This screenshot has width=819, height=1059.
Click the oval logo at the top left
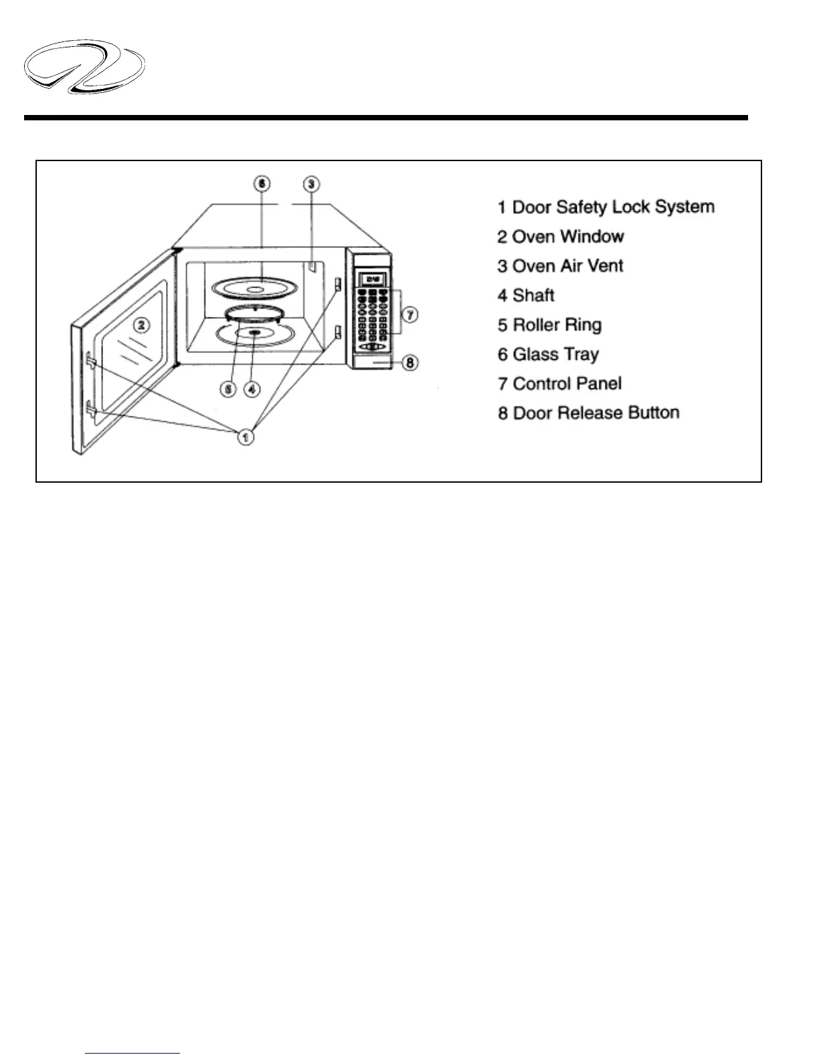coord(84,67)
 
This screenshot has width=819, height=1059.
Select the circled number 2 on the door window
coord(141,326)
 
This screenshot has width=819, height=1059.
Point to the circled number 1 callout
coord(246,437)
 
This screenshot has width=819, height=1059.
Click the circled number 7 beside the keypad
coord(410,314)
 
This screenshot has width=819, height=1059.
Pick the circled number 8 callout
coord(410,363)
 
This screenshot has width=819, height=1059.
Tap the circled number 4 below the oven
coord(252,388)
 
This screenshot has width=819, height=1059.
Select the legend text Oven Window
coord(567,237)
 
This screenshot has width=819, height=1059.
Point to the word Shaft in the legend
coord(533,296)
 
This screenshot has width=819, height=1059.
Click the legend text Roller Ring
coord(557,325)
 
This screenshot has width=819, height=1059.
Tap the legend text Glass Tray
coord(555,354)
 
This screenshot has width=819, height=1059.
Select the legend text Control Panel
coord(567,384)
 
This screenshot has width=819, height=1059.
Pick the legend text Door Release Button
coord(596,413)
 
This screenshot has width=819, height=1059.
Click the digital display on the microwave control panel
coord(371,279)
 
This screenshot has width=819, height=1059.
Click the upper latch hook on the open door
coord(91,362)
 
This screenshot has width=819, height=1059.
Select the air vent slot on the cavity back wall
coord(311,267)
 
